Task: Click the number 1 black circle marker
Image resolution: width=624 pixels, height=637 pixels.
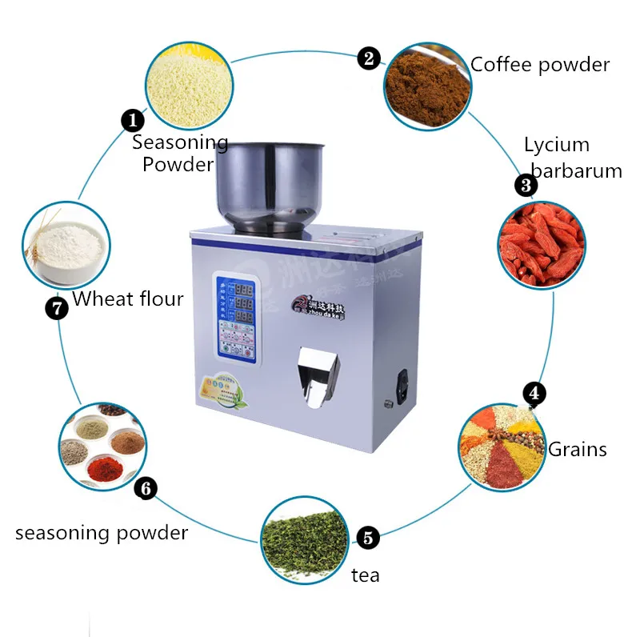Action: [x=133, y=121]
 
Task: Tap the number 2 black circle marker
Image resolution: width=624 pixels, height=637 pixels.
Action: [x=369, y=58]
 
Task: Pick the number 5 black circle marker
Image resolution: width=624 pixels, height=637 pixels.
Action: [x=367, y=538]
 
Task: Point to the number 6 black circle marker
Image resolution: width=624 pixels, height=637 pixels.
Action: [x=146, y=488]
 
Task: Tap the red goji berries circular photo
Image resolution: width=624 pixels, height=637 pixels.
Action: [x=541, y=245]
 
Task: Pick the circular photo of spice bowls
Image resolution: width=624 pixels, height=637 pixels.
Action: [x=103, y=446]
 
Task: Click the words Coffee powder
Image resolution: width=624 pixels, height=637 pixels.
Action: [x=540, y=65]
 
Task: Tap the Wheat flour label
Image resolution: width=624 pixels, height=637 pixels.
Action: [x=128, y=299]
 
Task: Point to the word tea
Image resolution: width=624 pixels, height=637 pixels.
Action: [x=365, y=575]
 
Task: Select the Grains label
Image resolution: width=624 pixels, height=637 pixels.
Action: [x=577, y=449]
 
